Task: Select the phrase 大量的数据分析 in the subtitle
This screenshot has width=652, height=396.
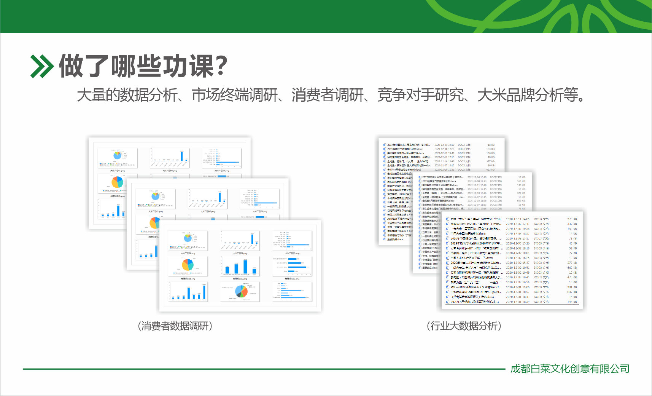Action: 127,95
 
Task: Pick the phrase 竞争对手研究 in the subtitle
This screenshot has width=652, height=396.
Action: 420,95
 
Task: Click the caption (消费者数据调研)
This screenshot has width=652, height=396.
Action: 175,326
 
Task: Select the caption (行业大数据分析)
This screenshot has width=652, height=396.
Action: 464,326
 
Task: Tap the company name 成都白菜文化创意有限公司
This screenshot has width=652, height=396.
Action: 570,369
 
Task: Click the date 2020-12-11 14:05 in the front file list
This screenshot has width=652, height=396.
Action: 517,219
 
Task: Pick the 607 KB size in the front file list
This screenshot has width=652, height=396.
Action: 572,292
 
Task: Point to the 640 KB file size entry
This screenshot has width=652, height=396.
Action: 572,268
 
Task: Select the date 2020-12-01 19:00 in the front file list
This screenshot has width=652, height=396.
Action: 517,287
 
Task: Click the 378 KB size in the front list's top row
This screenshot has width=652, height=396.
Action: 572,219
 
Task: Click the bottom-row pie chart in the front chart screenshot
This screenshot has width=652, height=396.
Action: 241,292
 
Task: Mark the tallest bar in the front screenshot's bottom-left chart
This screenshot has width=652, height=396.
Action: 204,292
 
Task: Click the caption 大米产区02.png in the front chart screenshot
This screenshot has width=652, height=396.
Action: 240,253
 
